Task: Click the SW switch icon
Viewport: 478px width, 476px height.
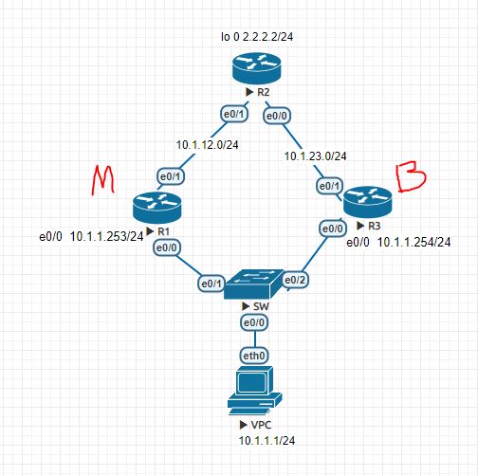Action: click(x=254, y=284)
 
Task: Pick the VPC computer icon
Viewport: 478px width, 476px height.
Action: click(x=252, y=391)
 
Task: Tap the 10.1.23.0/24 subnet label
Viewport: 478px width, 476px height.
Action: click(x=316, y=156)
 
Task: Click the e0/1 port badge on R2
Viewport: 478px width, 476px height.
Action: click(x=231, y=115)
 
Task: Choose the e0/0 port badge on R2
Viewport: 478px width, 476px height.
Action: click(x=277, y=116)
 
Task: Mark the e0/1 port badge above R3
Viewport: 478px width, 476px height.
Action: click(x=327, y=187)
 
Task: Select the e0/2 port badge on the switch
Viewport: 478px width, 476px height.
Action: click(x=296, y=280)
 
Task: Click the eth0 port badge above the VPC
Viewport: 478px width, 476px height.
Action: click(x=252, y=356)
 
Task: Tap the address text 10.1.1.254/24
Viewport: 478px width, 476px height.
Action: click(x=413, y=243)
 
